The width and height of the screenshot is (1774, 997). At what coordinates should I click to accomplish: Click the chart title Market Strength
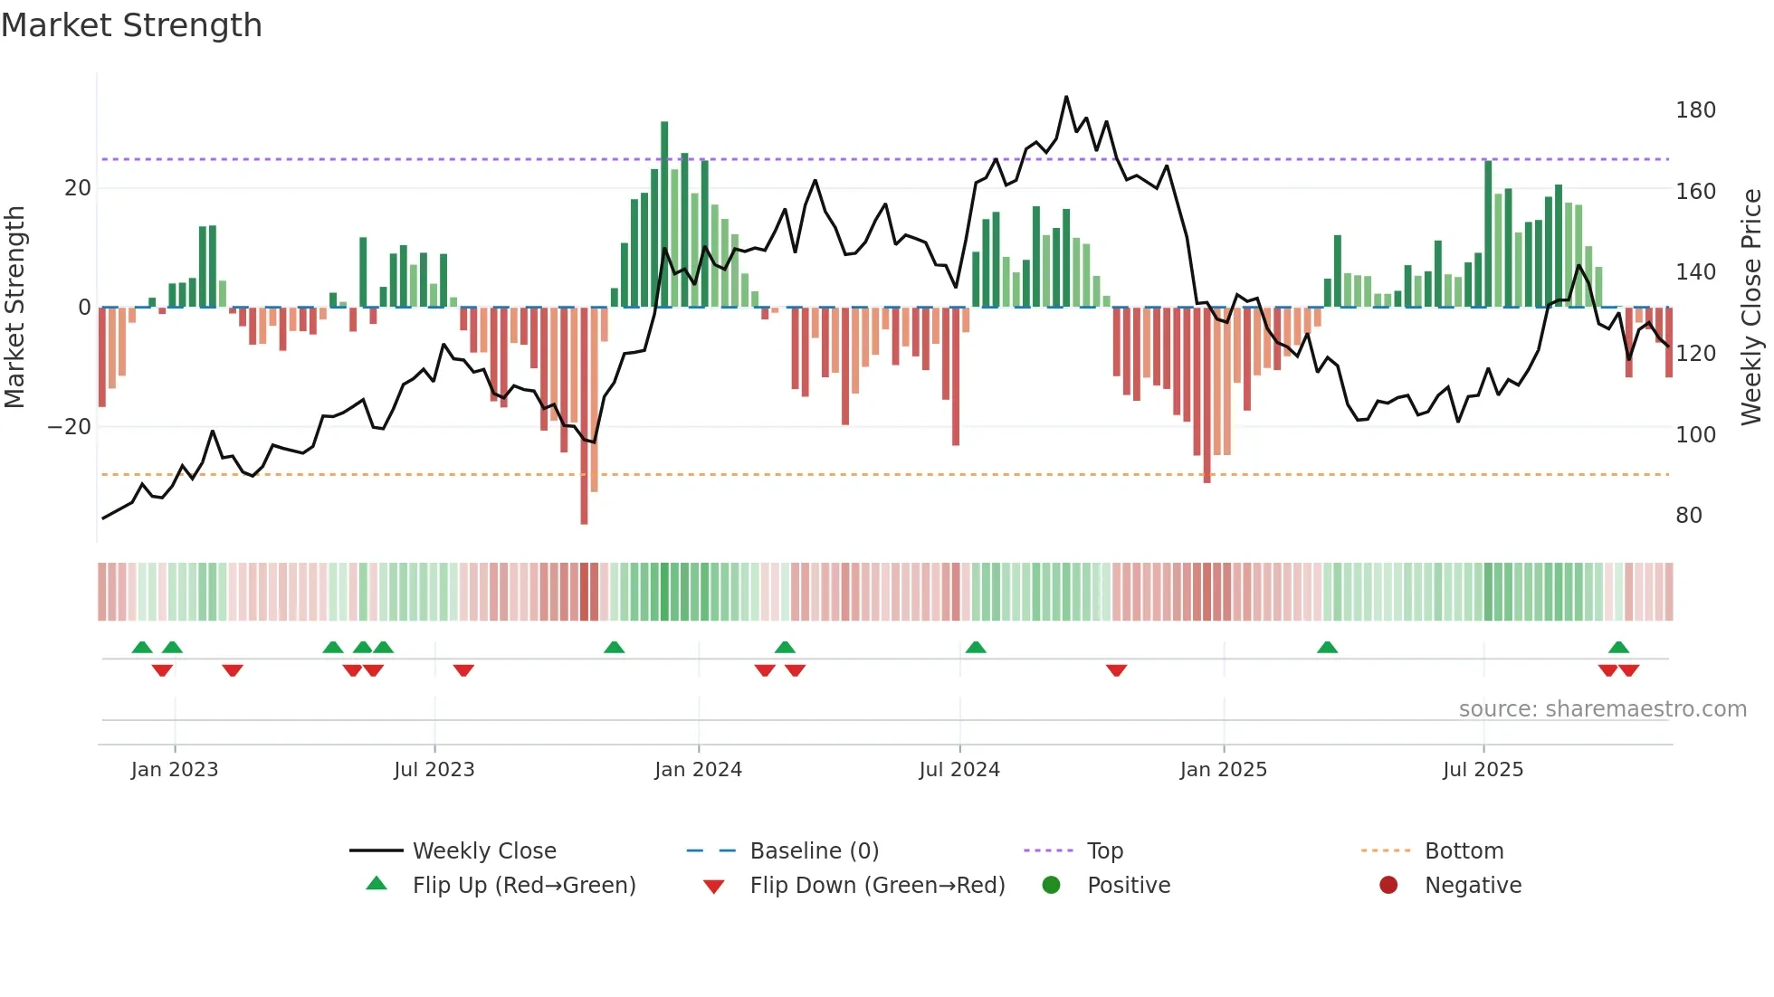click(x=131, y=25)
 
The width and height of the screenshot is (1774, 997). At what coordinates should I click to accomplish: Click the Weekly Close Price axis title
click(x=1752, y=307)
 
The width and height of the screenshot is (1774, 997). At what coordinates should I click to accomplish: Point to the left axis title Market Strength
click(x=14, y=307)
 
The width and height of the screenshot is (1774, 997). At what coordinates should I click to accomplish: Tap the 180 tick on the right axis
click(x=1694, y=110)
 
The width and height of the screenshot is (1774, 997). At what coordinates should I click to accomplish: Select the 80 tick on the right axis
click(x=1688, y=516)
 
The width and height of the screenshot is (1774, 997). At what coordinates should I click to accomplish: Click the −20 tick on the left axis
click(x=70, y=427)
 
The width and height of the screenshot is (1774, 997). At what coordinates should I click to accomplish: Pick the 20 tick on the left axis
click(x=78, y=188)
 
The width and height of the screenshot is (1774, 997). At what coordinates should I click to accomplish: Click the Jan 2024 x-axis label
click(x=698, y=770)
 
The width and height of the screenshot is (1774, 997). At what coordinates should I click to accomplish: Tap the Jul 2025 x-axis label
click(x=1483, y=770)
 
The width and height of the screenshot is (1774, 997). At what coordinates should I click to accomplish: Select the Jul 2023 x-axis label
click(x=434, y=770)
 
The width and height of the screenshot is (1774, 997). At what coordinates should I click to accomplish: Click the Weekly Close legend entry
click(x=483, y=851)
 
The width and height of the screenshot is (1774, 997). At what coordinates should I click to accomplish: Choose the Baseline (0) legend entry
click(x=814, y=851)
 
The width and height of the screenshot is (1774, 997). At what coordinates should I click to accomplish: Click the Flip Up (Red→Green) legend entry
click(x=523, y=886)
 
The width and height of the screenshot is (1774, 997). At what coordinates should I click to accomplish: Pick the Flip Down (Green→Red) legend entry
click(x=876, y=886)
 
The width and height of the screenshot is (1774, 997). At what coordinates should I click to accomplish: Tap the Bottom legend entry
click(x=1463, y=851)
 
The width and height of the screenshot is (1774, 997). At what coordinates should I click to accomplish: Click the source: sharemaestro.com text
click(x=1602, y=709)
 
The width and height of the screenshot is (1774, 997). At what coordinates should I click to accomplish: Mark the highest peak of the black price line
click(x=1066, y=97)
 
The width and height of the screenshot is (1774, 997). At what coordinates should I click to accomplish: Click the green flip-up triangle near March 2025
click(x=1327, y=648)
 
